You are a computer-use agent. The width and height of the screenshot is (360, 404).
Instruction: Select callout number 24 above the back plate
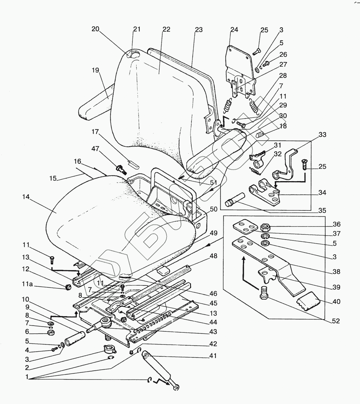coord(234,30)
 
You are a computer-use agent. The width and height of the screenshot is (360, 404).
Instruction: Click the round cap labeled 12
coord(67,287)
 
